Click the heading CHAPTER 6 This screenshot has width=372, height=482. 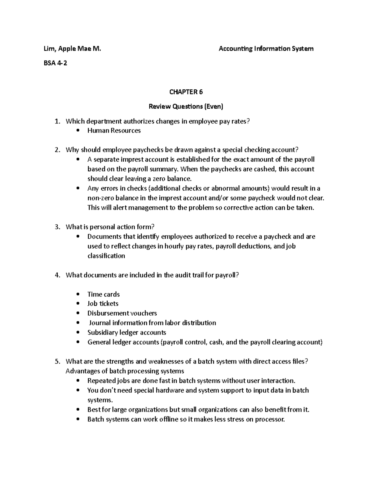(x=186, y=92)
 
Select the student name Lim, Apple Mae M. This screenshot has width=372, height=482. (x=72, y=48)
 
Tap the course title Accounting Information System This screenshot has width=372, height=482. (x=266, y=48)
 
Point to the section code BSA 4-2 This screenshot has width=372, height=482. (x=55, y=63)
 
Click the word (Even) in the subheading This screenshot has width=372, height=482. (x=213, y=106)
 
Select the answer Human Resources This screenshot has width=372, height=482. (x=114, y=131)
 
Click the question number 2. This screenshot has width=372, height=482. (x=57, y=150)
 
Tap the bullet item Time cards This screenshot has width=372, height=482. (x=103, y=294)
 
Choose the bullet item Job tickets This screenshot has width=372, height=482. (x=103, y=304)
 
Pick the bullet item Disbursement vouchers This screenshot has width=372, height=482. (x=122, y=313)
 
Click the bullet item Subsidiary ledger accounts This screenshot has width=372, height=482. (x=126, y=332)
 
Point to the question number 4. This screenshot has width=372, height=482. (x=57, y=275)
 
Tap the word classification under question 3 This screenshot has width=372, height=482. (x=106, y=256)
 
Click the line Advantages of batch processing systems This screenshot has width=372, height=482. (x=125, y=371)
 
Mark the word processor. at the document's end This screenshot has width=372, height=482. (x=269, y=419)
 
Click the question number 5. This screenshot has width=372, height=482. (x=57, y=362)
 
